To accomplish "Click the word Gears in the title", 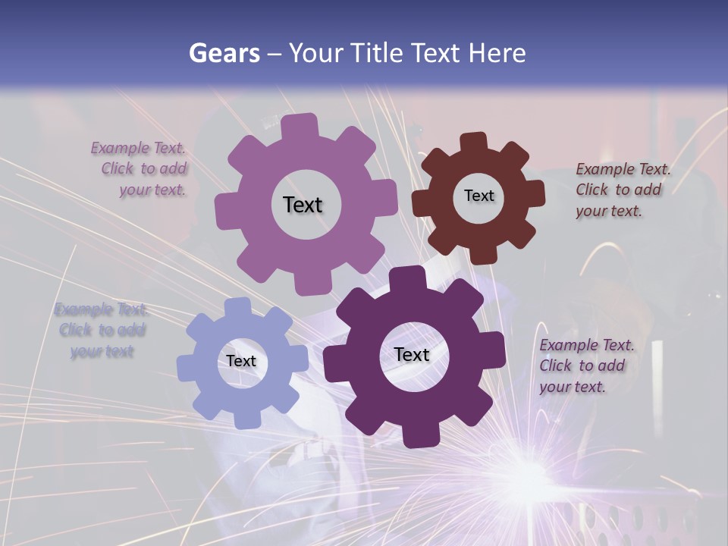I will [224, 53].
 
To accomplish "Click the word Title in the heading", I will [379, 53].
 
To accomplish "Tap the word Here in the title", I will [497, 53].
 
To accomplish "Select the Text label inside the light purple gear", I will [303, 205].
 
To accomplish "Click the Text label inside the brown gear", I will [479, 196].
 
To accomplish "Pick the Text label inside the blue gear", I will [241, 361].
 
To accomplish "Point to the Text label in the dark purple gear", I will [412, 354].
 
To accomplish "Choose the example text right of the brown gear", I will [622, 190].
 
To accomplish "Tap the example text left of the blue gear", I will [101, 331].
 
